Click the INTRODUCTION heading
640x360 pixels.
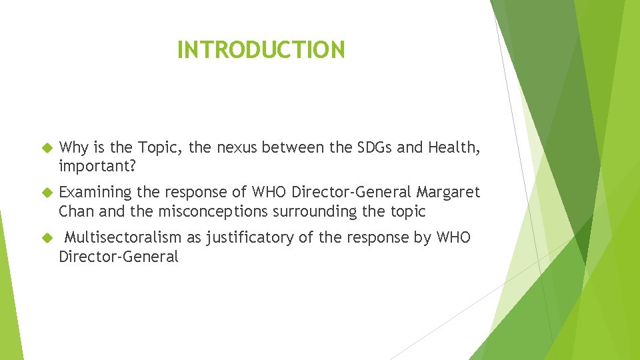point(261,50)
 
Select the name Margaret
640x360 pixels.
point(448,193)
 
